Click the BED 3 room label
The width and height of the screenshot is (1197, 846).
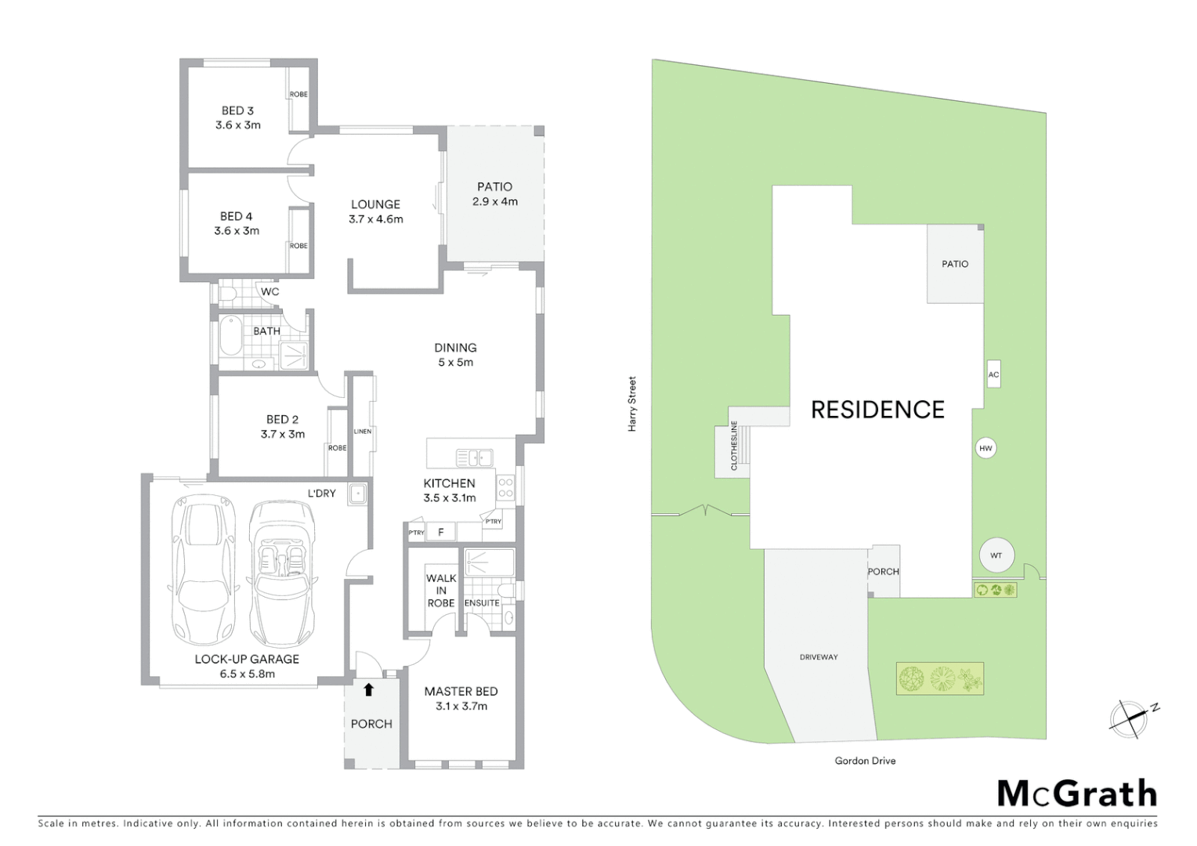238,110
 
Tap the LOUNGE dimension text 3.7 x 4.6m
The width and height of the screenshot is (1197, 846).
376,219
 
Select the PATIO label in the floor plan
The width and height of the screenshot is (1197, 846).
494,186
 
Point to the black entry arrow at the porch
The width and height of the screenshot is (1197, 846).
369,689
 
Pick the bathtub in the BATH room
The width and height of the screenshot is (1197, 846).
231,336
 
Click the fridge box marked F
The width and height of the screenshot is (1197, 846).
441,533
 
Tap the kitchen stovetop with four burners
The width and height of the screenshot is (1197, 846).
506,488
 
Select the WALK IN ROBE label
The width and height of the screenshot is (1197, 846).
441,591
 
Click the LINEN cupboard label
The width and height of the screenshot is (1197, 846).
363,432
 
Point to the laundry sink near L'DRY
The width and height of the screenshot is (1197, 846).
358,493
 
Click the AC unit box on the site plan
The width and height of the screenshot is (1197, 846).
993,374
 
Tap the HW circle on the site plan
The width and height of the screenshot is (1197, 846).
985,449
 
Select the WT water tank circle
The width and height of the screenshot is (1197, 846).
996,555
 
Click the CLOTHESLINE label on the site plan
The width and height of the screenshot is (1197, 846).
734,446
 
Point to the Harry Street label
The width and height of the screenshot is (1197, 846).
632,404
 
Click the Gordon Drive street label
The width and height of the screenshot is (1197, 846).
865,761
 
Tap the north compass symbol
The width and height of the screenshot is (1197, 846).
1129,718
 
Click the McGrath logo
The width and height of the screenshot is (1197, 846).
1076,794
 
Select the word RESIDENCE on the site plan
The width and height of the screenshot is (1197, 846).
877,409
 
